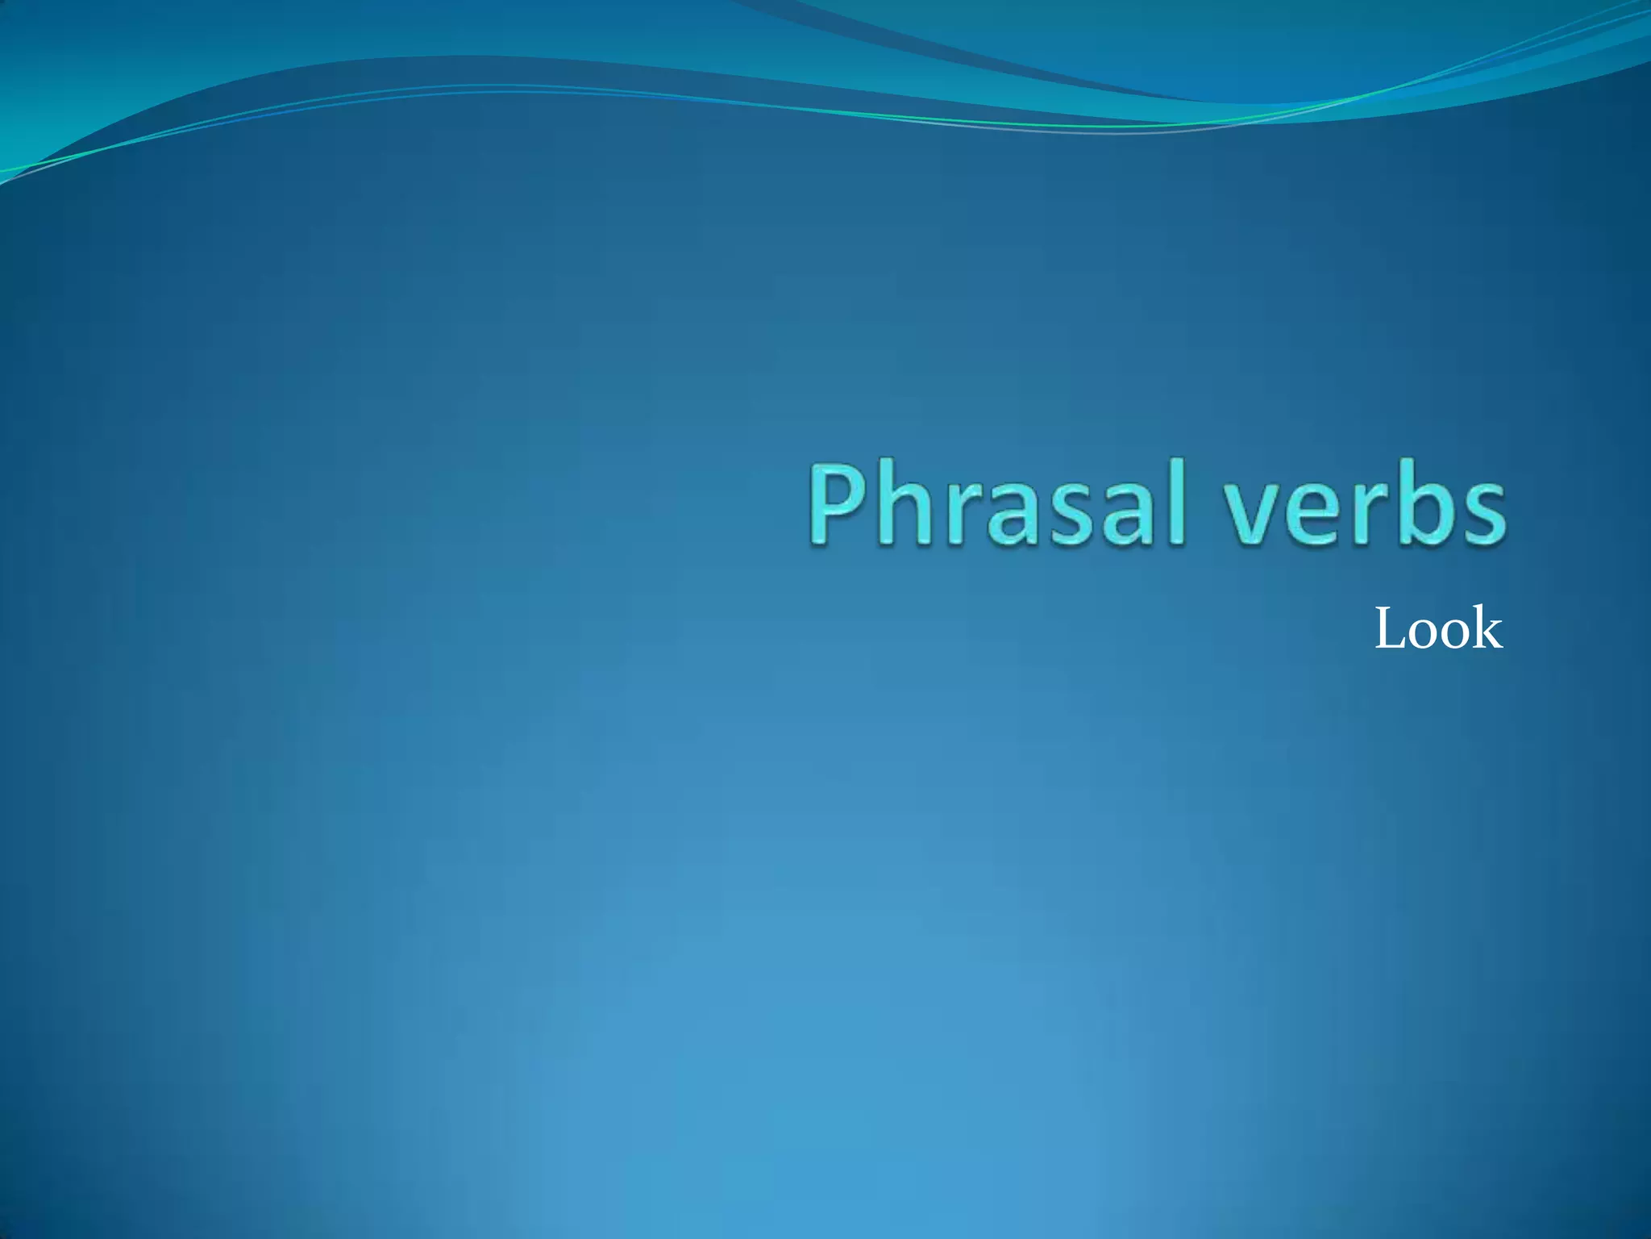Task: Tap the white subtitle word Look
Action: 1438,629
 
